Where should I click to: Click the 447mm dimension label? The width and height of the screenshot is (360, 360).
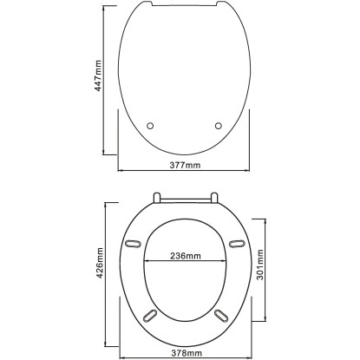(x=98, y=75)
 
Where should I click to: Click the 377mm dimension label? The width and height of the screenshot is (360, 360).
(x=185, y=165)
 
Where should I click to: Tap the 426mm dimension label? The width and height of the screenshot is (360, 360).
(x=100, y=263)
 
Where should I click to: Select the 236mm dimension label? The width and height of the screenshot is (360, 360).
(x=185, y=256)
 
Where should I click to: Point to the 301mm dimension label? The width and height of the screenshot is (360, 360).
(x=260, y=265)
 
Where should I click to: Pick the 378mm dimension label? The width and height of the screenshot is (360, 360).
(x=187, y=353)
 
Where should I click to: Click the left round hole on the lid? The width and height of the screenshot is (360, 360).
(x=150, y=126)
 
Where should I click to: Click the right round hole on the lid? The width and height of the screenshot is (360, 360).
(x=219, y=126)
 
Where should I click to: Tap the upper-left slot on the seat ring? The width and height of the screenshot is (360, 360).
(x=133, y=245)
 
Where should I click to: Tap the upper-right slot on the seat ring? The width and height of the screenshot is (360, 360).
(x=237, y=244)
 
